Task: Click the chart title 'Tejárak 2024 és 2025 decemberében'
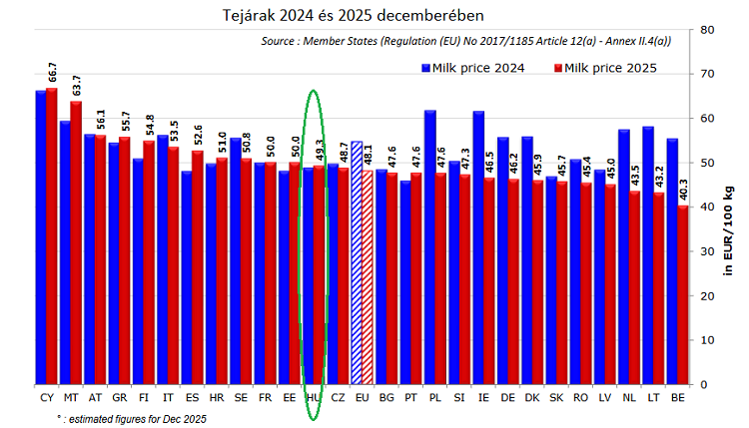point(340,15)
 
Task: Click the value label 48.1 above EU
point(370,154)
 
